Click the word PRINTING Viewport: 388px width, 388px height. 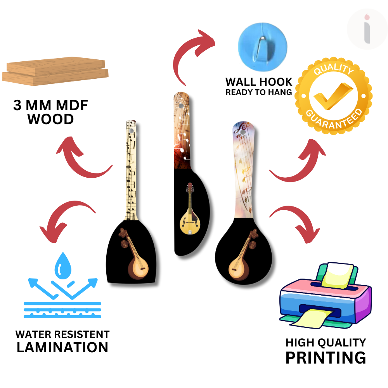point(326,357)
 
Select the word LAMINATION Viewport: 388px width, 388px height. point(62,347)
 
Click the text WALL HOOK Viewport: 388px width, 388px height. point(259,82)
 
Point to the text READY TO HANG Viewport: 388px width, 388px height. point(259,92)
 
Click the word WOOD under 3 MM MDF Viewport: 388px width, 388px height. point(50,119)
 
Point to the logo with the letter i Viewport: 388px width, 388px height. point(367,29)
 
